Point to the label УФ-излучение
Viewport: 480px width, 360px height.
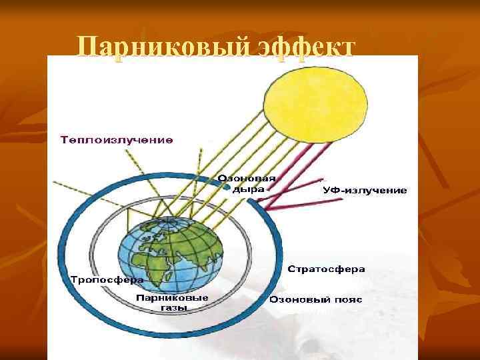click(x=365, y=190)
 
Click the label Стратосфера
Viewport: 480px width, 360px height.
click(x=327, y=269)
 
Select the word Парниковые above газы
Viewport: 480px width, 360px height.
click(x=173, y=297)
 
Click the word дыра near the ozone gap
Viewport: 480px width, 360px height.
click(x=253, y=189)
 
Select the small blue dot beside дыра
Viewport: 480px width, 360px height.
click(x=235, y=189)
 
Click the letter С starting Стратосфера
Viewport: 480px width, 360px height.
click(x=291, y=269)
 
